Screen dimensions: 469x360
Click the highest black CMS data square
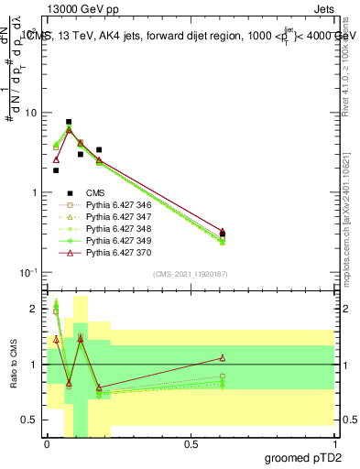[69, 122]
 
